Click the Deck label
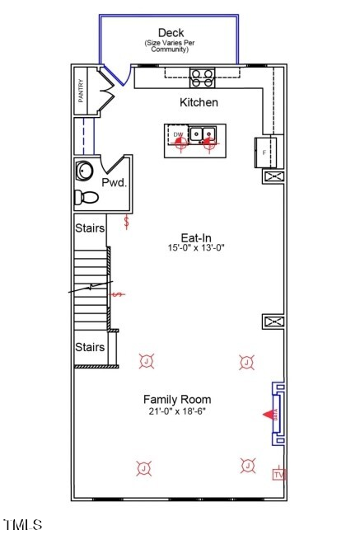(x=171, y=33)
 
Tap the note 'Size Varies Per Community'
(x=171, y=46)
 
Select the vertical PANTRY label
(x=81, y=91)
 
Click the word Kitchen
(x=199, y=103)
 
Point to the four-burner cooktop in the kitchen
(x=203, y=77)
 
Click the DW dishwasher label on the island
(x=177, y=134)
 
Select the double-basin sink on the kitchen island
(x=203, y=134)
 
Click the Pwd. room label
(x=114, y=182)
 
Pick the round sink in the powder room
(x=84, y=171)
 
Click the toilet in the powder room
(x=86, y=198)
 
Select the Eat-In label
(x=196, y=237)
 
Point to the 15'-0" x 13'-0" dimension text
(x=196, y=248)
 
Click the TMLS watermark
(x=23, y=525)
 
